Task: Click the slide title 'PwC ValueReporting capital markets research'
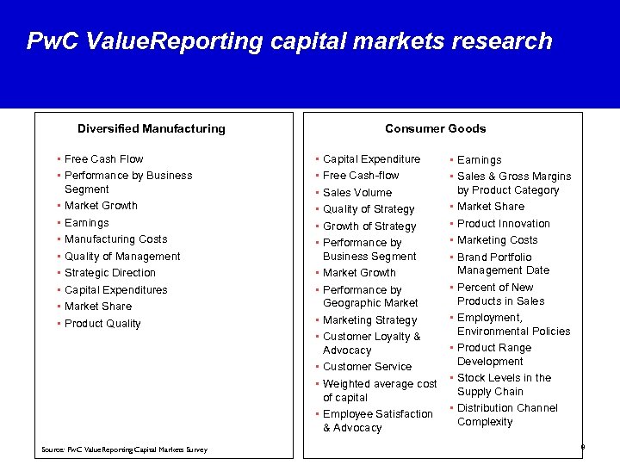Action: [x=288, y=41]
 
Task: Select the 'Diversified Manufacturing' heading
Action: [x=151, y=128]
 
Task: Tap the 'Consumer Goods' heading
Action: [x=435, y=128]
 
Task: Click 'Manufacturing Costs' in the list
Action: [x=115, y=239]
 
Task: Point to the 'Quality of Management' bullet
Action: [x=122, y=257]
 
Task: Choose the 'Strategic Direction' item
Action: [x=110, y=273]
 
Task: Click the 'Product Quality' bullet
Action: [x=102, y=324]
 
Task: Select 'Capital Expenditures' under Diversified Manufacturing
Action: [x=115, y=290]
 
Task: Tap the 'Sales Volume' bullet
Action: [x=356, y=193]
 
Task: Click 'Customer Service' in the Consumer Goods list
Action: [x=367, y=367]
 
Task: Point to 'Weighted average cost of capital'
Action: [x=379, y=390]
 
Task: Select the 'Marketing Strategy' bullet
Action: [x=369, y=320]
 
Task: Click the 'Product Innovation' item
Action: [x=503, y=224]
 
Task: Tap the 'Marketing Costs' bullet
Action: [x=497, y=240]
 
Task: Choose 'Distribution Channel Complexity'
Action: [x=506, y=415]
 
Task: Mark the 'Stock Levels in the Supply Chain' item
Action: [x=504, y=385]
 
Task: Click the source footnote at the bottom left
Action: [x=124, y=449]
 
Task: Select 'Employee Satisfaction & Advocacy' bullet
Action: [x=377, y=421]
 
